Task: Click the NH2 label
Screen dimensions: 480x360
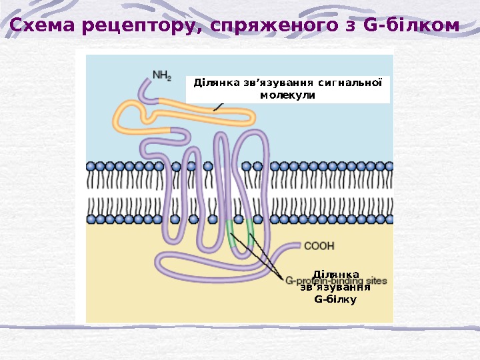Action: pos(162,75)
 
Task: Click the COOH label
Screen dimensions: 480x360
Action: pos(319,246)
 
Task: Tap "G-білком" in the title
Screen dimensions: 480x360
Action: pos(412,26)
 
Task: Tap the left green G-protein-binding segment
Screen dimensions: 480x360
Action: pos(230,231)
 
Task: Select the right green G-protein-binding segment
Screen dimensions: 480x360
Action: pos(251,229)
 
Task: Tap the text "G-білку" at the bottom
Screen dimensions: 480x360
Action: pos(335,299)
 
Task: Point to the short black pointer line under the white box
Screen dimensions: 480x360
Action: pos(218,106)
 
